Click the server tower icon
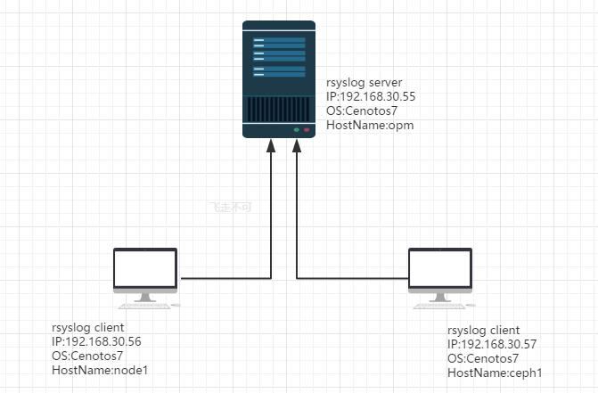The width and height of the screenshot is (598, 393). click(x=279, y=78)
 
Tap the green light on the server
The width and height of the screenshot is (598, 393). click(x=296, y=130)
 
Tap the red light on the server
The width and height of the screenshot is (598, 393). click(x=307, y=130)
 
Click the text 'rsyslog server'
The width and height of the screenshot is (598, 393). click(x=364, y=83)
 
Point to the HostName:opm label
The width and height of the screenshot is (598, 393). click(x=370, y=126)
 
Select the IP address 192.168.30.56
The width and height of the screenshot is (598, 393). click(x=96, y=341)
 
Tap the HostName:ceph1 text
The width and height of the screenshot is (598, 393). click(x=495, y=373)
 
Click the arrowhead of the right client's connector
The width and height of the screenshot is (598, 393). click(x=297, y=144)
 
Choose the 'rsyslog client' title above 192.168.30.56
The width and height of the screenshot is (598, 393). click(x=88, y=327)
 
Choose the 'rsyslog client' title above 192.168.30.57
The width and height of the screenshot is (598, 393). click(x=483, y=330)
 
